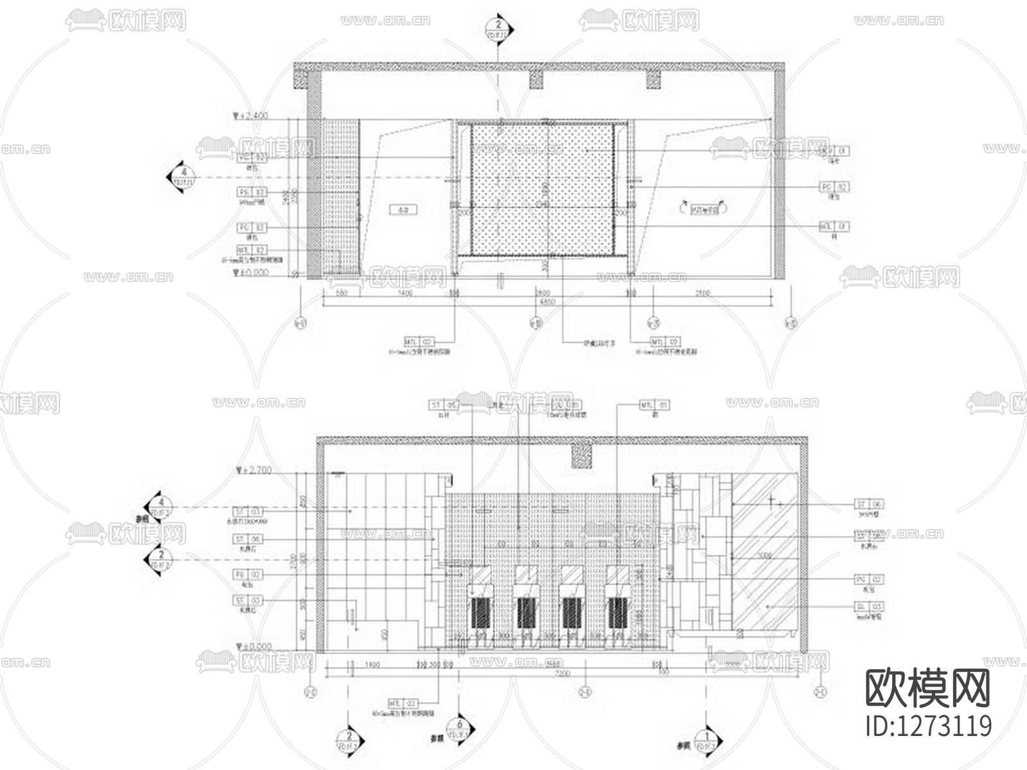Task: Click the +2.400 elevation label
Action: point(254,116)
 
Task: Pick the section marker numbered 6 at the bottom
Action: point(460,730)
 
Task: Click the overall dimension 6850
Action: point(546,302)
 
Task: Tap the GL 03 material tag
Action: point(869,606)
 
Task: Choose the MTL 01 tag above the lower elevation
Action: point(654,405)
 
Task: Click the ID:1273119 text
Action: point(928,726)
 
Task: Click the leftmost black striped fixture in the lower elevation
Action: point(480,613)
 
